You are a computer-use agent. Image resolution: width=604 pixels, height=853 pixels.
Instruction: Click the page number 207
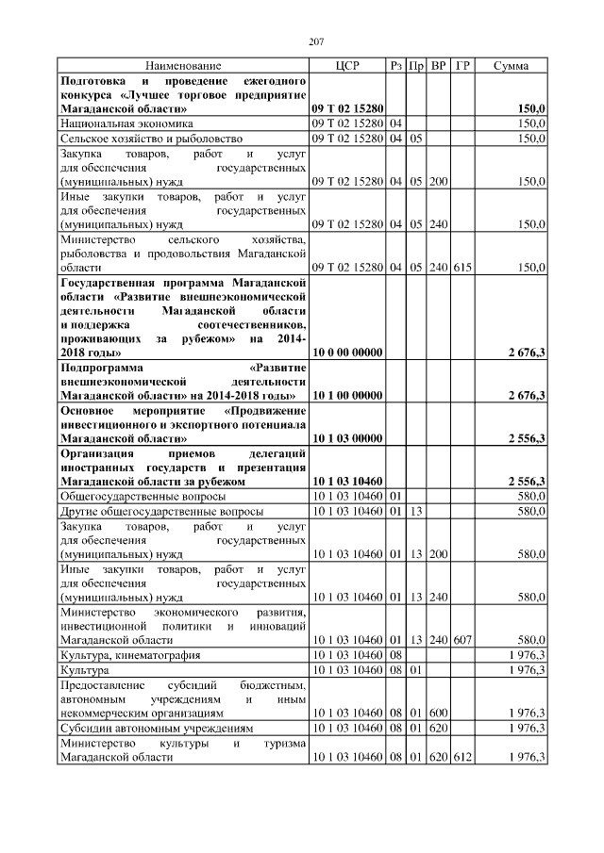(x=316, y=41)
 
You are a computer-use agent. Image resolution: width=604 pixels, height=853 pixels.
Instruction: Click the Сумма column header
(x=511, y=66)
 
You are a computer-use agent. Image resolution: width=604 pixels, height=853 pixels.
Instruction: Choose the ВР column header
(x=438, y=66)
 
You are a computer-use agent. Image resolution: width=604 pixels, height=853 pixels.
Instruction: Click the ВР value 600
(x=438, y=713)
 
